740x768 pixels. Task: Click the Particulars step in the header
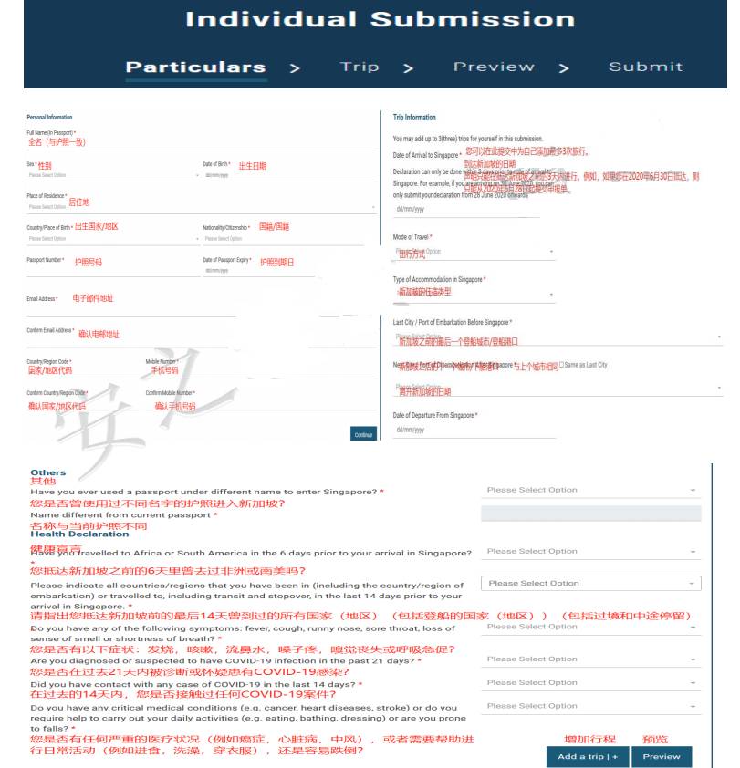(x=195, y=67)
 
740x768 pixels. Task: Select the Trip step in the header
(x=360, y=67)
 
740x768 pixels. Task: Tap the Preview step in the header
(x=494, y=67)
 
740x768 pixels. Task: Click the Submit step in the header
(x=645, y=67)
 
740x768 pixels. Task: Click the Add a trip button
(x=588, y=756)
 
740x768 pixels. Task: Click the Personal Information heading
(x=49, y=118)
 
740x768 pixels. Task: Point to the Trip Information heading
(x=414, y=118)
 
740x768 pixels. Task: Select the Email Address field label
(x=42, y=298)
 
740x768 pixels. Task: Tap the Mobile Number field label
(x=162, y=361)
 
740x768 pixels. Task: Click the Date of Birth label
(x=216, y=165)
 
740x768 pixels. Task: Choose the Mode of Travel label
(x=412, y=237)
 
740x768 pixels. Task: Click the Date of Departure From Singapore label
(x=434, y=416)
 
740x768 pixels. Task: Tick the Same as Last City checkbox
(x=561, y=365)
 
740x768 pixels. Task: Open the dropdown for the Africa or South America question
(x=591, y=551)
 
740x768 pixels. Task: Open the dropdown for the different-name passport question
(x=591, y=490)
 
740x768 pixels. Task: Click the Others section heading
(x=48, y=472)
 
